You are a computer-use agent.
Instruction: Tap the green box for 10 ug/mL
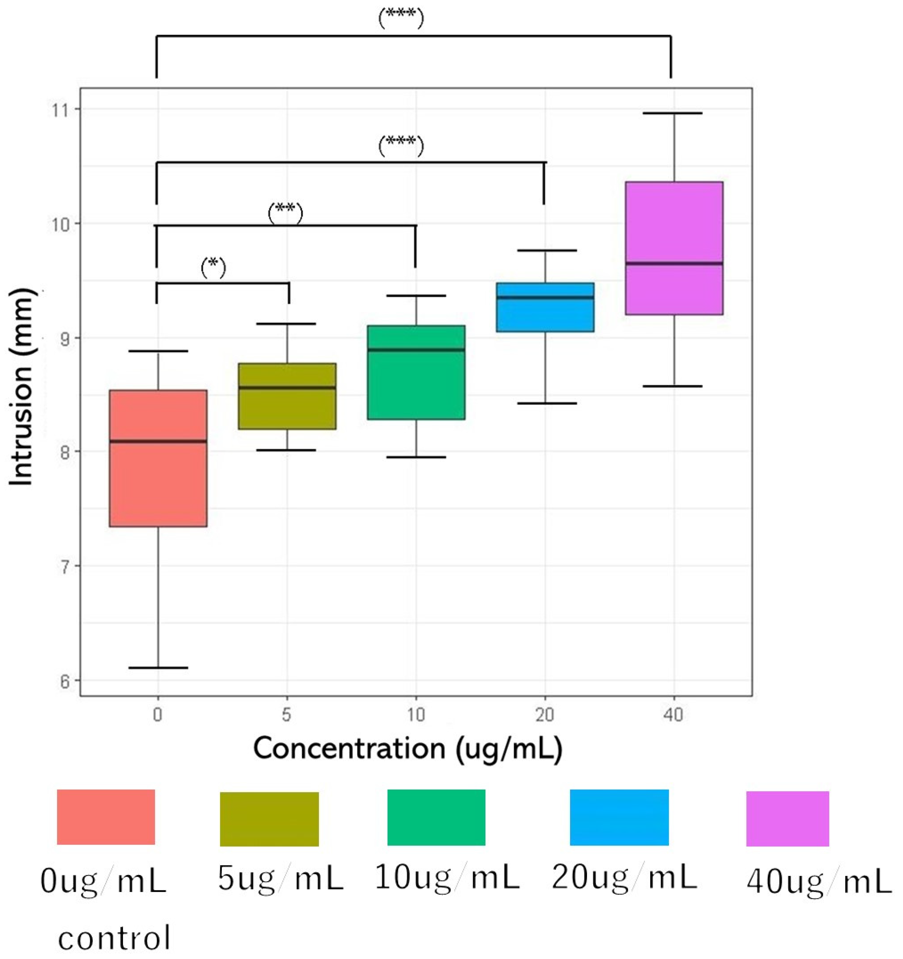tap(416, 386)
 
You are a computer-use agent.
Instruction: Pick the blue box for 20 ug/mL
tap(545, 313)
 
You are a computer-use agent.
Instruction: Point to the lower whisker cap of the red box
tap(158, 668)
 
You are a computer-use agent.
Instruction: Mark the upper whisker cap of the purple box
tap(674, 113)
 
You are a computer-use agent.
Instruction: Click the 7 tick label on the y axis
tap(64, 566)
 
